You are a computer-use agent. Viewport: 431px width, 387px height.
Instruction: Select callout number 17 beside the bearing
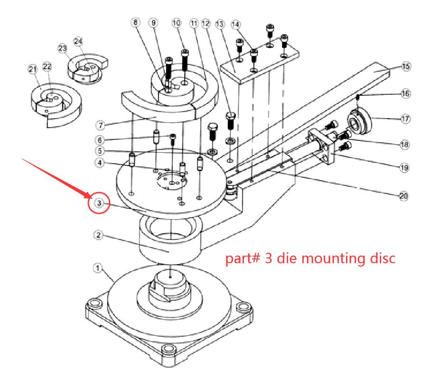405,119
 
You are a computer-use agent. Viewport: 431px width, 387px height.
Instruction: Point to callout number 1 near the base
98,268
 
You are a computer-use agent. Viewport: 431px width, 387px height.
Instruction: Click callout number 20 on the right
404,195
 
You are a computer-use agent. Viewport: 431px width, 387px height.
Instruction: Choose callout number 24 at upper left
78,41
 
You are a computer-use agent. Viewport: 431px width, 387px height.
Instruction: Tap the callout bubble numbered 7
100,126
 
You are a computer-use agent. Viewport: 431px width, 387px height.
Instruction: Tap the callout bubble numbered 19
405,167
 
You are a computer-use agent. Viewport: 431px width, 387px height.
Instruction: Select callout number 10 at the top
177,23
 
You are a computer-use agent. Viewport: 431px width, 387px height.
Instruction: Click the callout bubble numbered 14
235,24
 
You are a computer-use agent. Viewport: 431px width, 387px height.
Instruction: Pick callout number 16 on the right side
405,94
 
